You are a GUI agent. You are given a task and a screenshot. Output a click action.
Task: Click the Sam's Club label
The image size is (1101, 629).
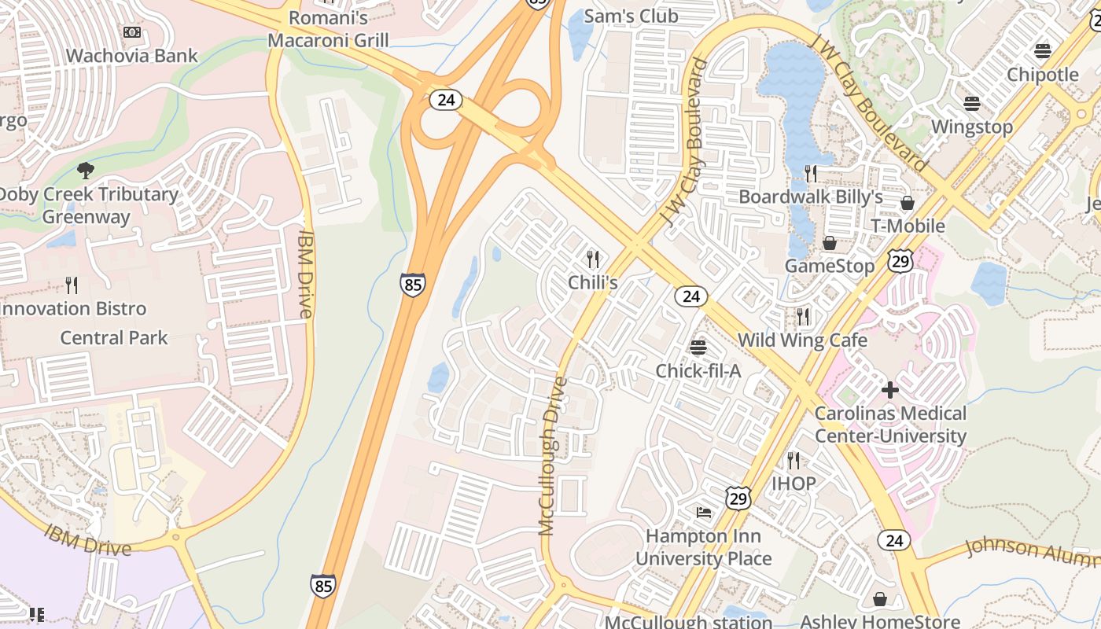pos(632,16)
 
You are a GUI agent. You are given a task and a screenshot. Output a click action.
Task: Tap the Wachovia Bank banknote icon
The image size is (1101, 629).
pos(132,32)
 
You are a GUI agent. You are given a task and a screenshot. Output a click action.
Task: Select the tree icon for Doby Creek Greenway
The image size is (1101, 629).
pos(86,170)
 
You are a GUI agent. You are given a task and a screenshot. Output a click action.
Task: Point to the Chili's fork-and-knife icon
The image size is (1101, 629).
pos(593,258)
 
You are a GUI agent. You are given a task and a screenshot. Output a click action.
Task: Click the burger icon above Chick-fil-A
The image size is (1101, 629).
pos(698,347)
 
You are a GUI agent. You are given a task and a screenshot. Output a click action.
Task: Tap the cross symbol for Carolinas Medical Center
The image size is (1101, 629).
pos(890,389)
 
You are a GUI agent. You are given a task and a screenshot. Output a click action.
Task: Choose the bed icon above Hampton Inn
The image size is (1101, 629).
pos(704,513)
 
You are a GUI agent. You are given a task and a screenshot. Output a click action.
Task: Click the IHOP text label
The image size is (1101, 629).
pos(794,483)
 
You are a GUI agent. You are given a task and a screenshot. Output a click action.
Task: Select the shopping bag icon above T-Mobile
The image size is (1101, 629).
pos(907,203)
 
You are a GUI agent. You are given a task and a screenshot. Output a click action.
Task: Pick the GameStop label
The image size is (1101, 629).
pos(830,266)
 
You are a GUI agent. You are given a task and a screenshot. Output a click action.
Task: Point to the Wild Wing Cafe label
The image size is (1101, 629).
pos(802,340)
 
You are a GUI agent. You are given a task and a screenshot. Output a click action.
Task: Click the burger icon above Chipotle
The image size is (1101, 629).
pos(1043,51)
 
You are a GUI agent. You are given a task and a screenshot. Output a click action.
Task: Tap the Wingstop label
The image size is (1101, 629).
pos(972,127)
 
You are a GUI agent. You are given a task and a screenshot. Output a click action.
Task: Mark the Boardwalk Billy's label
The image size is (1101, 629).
pos(811,197)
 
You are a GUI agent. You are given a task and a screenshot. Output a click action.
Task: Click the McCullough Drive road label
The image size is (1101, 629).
pos(553,456)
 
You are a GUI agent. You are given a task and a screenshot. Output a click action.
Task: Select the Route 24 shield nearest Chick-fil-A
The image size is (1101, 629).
pos(690,296)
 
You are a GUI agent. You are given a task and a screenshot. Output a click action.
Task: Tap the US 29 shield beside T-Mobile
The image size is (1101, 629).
pos(901,261)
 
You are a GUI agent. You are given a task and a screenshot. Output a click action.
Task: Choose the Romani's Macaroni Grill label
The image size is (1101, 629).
pos(328,28)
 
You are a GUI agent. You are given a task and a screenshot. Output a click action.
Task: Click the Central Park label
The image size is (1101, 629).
pos(114,338)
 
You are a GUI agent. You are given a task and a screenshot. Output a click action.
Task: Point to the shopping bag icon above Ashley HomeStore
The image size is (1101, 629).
pos(880,600)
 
